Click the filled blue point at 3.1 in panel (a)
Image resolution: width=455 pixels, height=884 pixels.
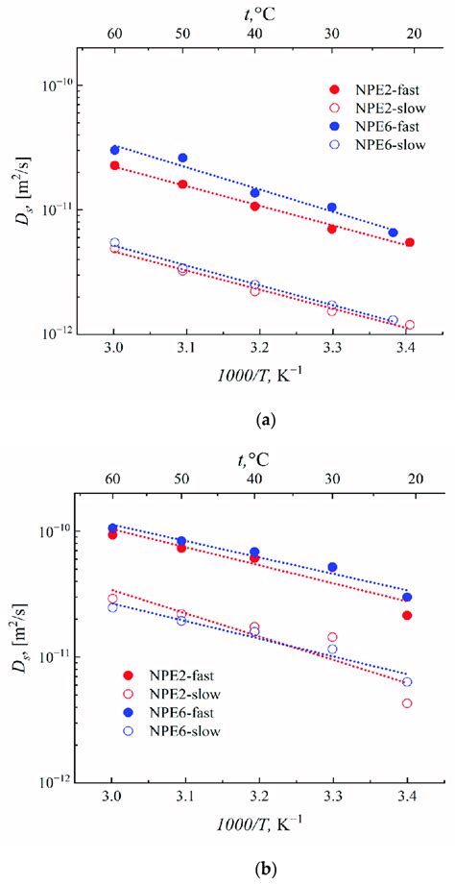(182, 158)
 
